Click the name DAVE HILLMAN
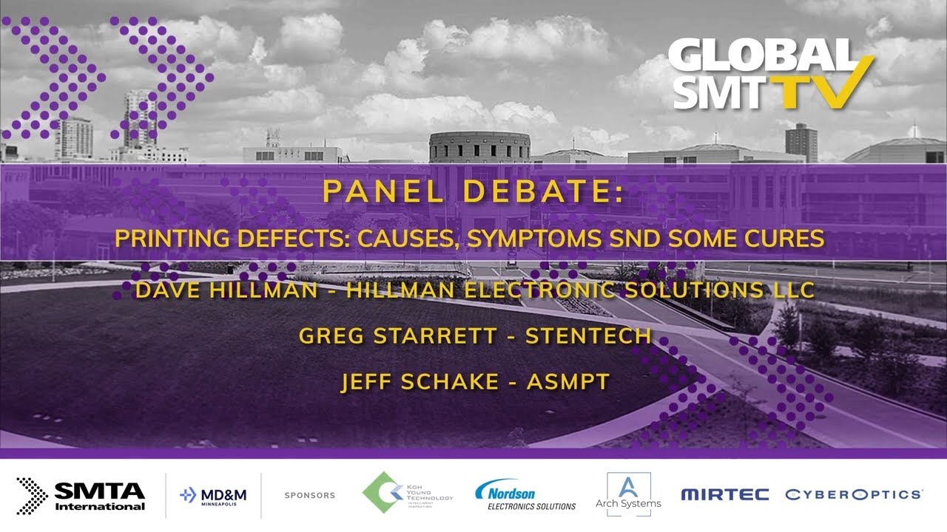click(x=226, y=290)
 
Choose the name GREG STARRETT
click(x=398, y=336)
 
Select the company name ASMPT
click(x=567, y=381)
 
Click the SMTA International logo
click(x=81, y=494)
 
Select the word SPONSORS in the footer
click(x=309, y=495)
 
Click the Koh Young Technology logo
click(x=408, y=494)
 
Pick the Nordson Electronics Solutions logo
click(x=525, y=495)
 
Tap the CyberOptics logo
click(x=854, y=494)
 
